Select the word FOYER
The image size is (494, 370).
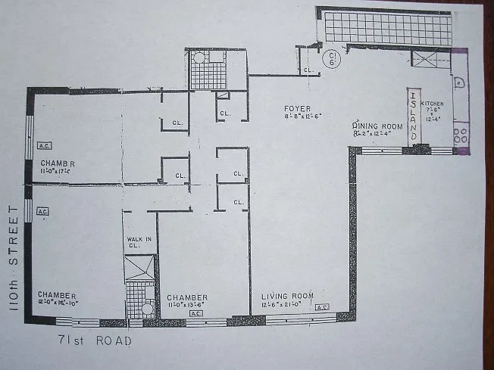point(298,108)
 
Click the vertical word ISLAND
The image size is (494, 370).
point(414,117)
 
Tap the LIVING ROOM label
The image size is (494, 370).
point(287,296)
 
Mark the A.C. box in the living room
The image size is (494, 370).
point(321,307)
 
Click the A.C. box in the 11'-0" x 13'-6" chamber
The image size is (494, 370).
point(195,313)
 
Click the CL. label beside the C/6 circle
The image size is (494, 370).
point(308,70)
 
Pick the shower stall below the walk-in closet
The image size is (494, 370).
point(140,269)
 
